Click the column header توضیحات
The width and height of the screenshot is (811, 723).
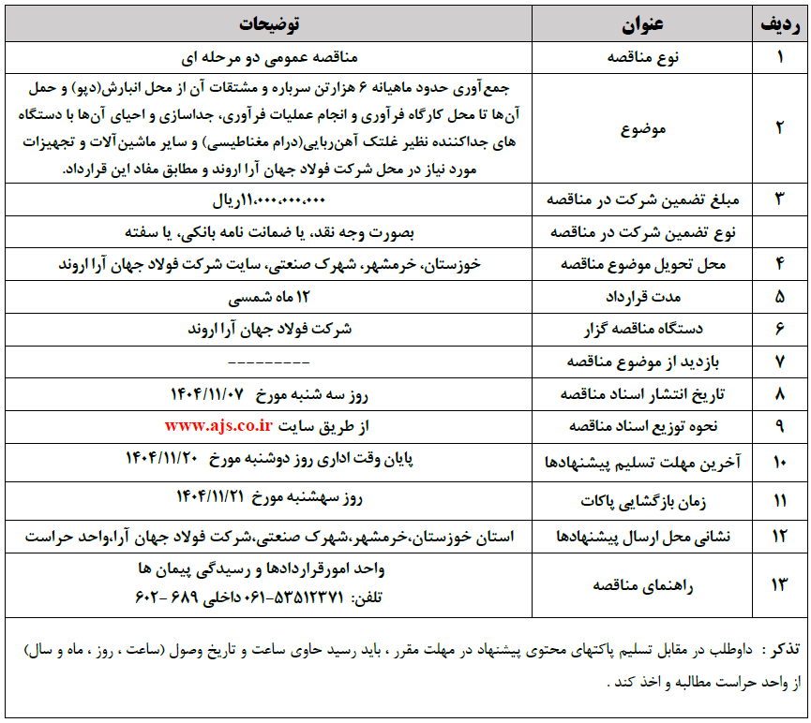click(272, 23)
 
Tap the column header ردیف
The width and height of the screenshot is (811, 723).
click(779, 23)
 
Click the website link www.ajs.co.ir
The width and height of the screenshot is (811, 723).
click(218, 425)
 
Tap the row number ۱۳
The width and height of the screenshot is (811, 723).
click(779, 584)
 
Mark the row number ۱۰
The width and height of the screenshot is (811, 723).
click(779, 463)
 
